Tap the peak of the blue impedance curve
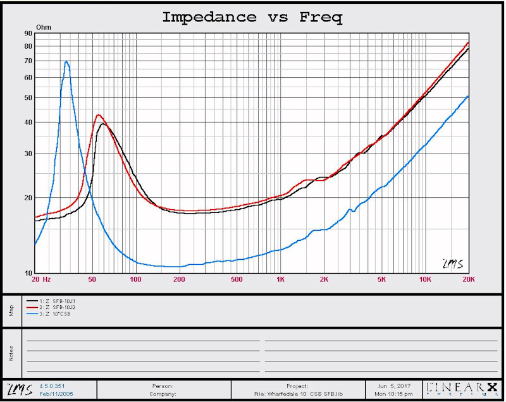[66, 61]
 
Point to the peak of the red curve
[99, 115]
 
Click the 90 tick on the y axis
[28, 33]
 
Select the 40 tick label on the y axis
[28, 123]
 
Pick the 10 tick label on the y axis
[28, 273]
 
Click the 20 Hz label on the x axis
[40, 279]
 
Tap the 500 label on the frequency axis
[237, 279]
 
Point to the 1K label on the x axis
[280, 279]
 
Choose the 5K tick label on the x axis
[381, 279]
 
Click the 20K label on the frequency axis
[469, 279]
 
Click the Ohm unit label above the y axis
[44, 28]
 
